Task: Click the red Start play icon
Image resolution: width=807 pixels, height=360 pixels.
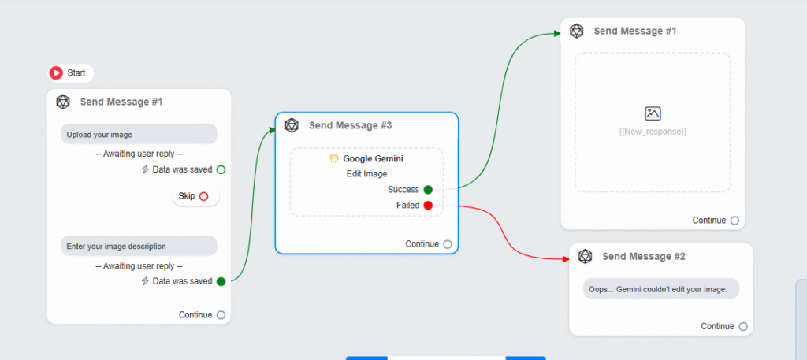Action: pyautogui.click(x=56, y=73)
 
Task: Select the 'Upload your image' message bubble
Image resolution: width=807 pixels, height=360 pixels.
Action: pyautogui.click(x=139, y=134)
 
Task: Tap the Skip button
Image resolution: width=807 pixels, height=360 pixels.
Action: pyautogui.click(x=196, y=196)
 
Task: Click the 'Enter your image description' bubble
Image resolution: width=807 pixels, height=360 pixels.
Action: pyautogui.click(x=139, y=246)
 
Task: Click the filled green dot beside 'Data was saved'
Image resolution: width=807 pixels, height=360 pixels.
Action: pyautogui.click(x=221, y=281)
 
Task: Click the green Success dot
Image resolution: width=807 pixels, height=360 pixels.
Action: pyautogui.click(x=428, y=190)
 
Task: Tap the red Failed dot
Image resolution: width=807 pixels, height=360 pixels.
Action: pyautogui.click(x=428, y=205)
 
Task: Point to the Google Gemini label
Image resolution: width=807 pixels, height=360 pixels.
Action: pyautogui.click(x=373, y=159)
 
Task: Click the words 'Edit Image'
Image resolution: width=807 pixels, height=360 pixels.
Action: pyautogui.click(x=367, y=174)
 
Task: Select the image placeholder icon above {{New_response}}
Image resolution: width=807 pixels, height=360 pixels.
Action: pyautogui.click(x=653, y=113)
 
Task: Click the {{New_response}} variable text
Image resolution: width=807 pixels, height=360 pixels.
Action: pyautogui.click(x=653, y=132)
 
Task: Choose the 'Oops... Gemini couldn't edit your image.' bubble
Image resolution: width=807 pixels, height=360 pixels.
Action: pyautogui.click(x=661, y=288)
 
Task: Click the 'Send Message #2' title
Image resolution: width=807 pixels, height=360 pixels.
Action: pyautogui.click(x=643, y=256)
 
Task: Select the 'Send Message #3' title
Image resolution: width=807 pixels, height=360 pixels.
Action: pyautogui.click(x=351, y=125)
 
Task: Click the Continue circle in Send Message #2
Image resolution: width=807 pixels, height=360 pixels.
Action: pyautogui.click(x=742, y=327)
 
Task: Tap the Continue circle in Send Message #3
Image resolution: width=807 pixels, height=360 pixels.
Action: pyautogui.click(x=448, y=244)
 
